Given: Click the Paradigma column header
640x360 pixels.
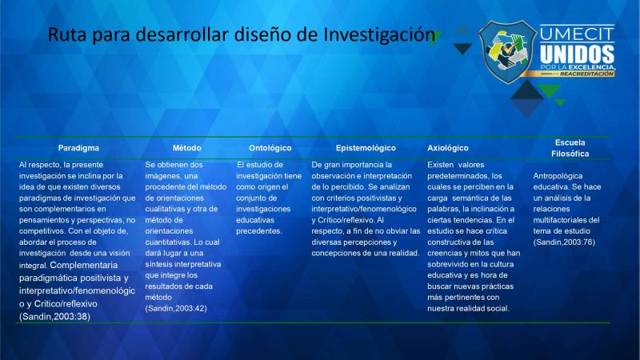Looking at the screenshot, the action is pos(78,148).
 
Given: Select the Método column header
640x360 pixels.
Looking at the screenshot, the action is pos(187,148).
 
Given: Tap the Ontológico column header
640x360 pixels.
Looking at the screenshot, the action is pos(270,148).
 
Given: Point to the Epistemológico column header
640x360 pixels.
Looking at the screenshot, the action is pos(366,148).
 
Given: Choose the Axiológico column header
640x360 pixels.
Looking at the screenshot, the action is pos(448,148).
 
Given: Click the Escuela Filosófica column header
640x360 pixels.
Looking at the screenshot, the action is pos(570,148).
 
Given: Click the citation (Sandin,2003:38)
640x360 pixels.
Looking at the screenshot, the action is pos(54,316).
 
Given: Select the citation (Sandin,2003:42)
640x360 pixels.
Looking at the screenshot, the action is pos(176,308).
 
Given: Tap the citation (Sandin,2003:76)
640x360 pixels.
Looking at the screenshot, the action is pos(564,242).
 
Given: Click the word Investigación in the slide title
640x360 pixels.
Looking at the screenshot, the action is pos(379,34).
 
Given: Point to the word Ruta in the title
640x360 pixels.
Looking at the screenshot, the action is pos(67,34).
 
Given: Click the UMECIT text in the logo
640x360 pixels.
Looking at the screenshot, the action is pos(577,34).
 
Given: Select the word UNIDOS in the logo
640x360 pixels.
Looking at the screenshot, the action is pos(577,54).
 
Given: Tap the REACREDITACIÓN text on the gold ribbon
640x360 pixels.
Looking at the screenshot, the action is pos(586,74).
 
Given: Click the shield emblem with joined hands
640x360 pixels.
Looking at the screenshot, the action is pos(508,52).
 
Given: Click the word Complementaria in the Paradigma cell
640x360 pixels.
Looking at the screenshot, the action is pos(84,265).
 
